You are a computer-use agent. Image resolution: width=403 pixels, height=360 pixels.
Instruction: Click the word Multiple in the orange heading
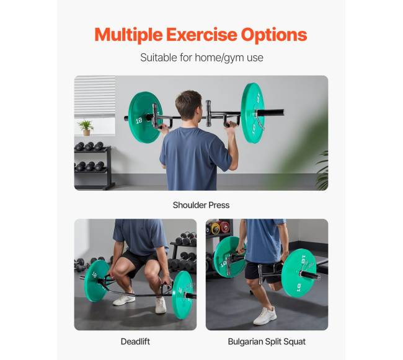(x=128, y=35)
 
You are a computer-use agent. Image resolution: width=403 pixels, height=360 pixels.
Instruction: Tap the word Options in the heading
(x=274, y=35)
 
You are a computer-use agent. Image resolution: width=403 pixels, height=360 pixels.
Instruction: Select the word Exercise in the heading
(x=201, y=34)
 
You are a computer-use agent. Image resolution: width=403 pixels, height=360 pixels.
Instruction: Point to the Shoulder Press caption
(x=201, y=205)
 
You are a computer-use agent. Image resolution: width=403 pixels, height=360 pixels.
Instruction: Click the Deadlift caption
(x=135, y=341)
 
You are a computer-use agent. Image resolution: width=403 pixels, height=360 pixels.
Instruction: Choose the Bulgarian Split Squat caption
(x=267, y=342)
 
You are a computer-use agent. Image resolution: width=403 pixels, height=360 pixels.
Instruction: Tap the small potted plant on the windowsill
(x=86, y=128)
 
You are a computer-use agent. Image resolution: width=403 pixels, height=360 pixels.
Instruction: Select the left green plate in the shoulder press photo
(x=145, y=117)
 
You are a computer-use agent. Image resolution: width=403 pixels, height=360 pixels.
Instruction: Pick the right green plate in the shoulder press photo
(x=252, y=113)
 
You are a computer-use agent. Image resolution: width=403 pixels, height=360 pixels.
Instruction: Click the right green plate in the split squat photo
(x=299, y=273)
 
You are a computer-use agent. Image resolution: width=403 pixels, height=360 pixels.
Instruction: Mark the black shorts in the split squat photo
(x=261, y=271)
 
